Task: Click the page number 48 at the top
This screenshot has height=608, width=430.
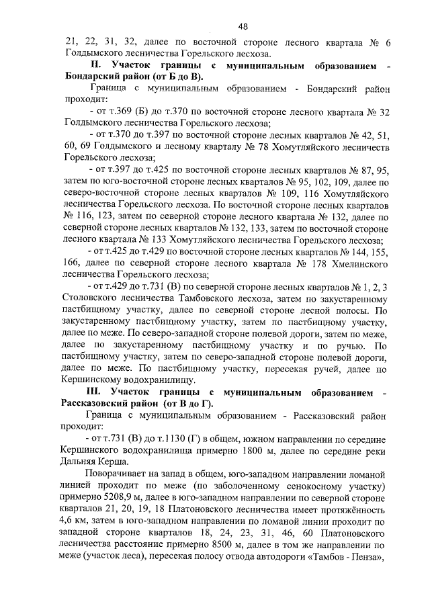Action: (x=243, y=26)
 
